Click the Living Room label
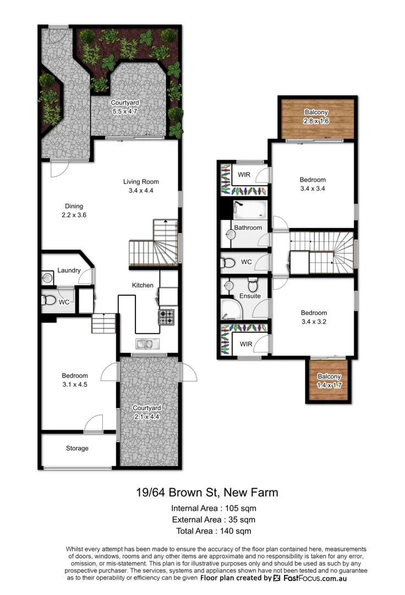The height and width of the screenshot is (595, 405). [x=144, y=186]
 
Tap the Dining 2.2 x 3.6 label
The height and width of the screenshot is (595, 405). [x=75, y=212]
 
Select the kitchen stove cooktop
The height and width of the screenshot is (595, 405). [x=167, y=317]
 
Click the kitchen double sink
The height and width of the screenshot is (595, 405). [x=147, y=344]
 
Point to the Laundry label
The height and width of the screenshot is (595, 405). [x=69, y=271]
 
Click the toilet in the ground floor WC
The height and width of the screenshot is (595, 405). [x=48, y=301]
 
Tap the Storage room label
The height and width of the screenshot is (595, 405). [x=77, y=448]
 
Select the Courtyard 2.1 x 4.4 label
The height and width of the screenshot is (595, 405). [x=147, y=412]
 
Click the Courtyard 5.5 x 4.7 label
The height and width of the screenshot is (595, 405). [x=125, y=107]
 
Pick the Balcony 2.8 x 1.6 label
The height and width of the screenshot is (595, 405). [x=316, y=117]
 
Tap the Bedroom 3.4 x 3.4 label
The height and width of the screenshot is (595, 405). [x=313, y=184]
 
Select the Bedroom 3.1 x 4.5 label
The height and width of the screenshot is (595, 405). [x=74, y=380]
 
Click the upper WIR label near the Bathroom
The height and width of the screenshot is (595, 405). [x=244, y=175]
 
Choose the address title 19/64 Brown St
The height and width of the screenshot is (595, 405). [x=207, y=492]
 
